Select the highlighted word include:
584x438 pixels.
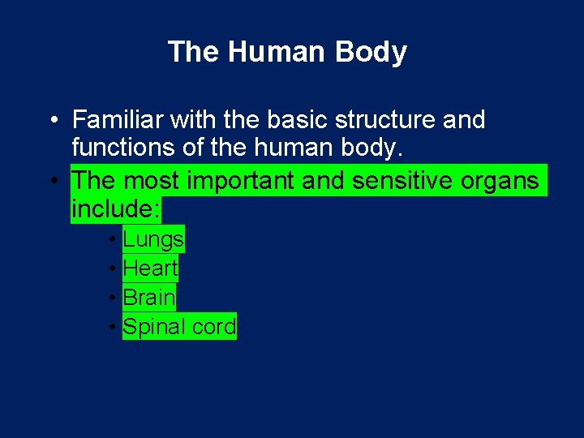(x=115, y=209)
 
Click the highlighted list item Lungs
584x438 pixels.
(x=153, y=239)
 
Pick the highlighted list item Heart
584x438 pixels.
(x=150, y=268)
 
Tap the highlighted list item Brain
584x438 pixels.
(x=149, y=298)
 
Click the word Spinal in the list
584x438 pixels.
(x=148, y=327)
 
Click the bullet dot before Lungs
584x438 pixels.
(x=111, y=240)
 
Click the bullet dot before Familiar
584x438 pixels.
(x=52, y=121)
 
